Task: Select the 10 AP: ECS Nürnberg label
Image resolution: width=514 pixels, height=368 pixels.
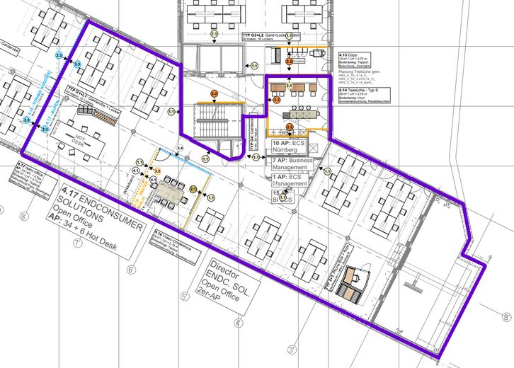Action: (x=290, y=147)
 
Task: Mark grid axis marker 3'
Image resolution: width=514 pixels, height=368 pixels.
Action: (x=291, y=349)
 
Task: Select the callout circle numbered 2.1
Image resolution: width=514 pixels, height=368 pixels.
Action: (x=193, y=189)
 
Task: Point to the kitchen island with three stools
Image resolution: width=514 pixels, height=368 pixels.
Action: (x=297, y=113)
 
